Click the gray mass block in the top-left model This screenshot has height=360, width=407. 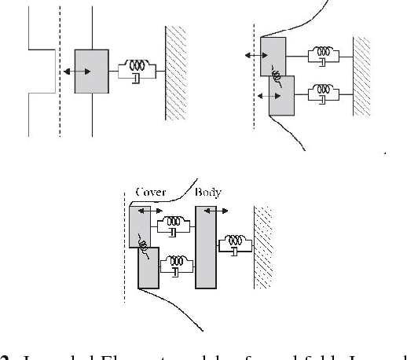coord(92,72)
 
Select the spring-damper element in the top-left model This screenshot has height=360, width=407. coord(136,72)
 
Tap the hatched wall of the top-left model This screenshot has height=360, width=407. coord(175,72)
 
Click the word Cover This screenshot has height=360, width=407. coord(150,193)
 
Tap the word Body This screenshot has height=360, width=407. coord(208,193)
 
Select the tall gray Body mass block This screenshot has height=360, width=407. coord(205,248)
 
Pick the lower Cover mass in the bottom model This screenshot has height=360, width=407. coord(148,268)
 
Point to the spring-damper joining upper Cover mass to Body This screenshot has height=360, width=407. coord(174,226)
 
